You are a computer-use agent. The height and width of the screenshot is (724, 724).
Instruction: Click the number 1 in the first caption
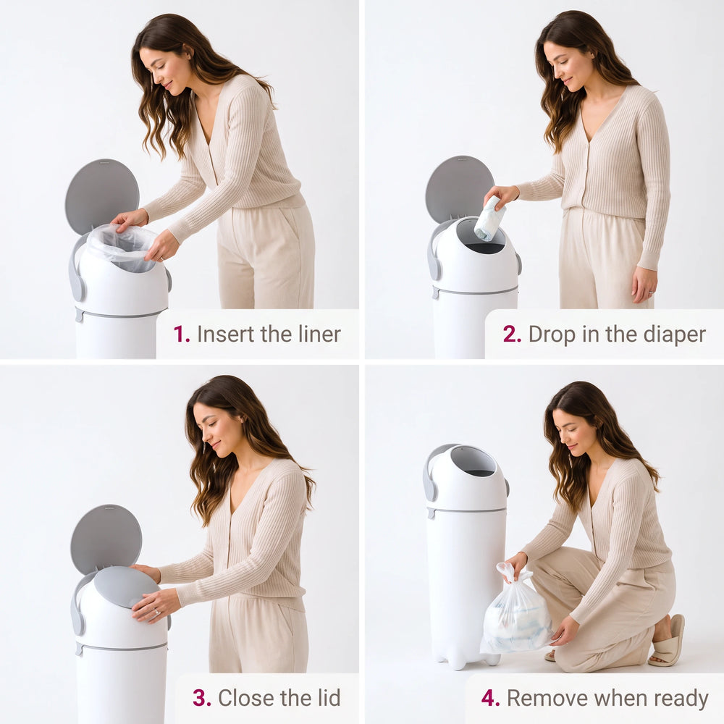pos(181,334)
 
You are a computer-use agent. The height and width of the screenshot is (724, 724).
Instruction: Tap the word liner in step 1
pos(319,334)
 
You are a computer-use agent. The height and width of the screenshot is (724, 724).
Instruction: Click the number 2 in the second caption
pos(512,334)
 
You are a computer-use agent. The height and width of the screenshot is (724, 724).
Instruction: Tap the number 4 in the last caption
pos(490,698)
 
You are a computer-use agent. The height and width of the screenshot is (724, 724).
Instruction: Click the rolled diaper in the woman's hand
pos(489,218)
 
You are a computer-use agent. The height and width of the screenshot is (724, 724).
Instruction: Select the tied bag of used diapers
pos(515,610)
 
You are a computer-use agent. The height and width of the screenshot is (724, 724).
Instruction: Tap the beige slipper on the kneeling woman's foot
pos(668,641)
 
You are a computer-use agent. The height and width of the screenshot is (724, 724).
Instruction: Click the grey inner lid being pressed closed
pos(126,586)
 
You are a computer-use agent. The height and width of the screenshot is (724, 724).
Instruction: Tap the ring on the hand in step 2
pos(651,292)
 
